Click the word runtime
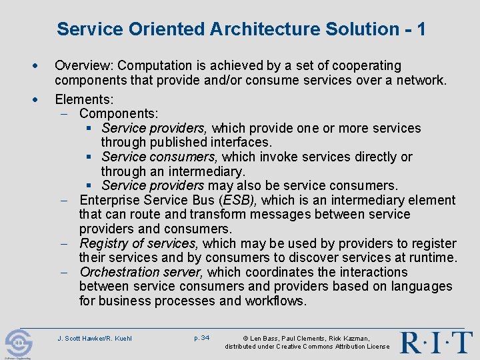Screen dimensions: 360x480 tap(433, 258)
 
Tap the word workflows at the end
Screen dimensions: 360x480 tap(275, 301)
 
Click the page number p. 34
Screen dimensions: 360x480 tap(201, 338)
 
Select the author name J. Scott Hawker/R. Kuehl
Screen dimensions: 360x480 tap(95, 339)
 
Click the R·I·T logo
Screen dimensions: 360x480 tap(436, 342)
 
